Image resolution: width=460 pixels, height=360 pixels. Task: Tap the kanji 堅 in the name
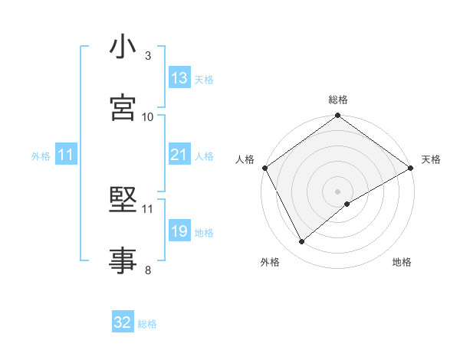(x=123, y=201)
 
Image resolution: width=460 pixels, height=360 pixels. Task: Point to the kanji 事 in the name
(x=123, y=260)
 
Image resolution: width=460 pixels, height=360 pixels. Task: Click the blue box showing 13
(x=179, y=78)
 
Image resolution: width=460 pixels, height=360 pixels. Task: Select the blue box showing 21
(x=179, y=155)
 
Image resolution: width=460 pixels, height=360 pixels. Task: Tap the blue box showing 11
(x=65, y=155)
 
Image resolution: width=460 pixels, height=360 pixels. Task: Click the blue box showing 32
(x=123, y=322)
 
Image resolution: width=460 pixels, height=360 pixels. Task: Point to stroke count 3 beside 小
(x=148, y=56)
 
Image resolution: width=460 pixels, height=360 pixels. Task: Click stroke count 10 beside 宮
(x=148, y=116)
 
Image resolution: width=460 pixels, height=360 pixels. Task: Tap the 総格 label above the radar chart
(x=338, y=100)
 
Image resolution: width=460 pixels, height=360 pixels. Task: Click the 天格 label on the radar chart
(x=431, y=159)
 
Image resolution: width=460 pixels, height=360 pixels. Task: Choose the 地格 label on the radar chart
(x=402, y=262)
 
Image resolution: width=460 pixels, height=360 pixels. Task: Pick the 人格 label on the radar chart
(x=245, y=159)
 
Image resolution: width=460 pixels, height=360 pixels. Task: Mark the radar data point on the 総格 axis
(x=338, y=116)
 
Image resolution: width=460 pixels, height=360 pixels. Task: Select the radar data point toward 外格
(x=302, y=241)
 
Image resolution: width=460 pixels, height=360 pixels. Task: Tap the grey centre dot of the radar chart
(x=338, y=191)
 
